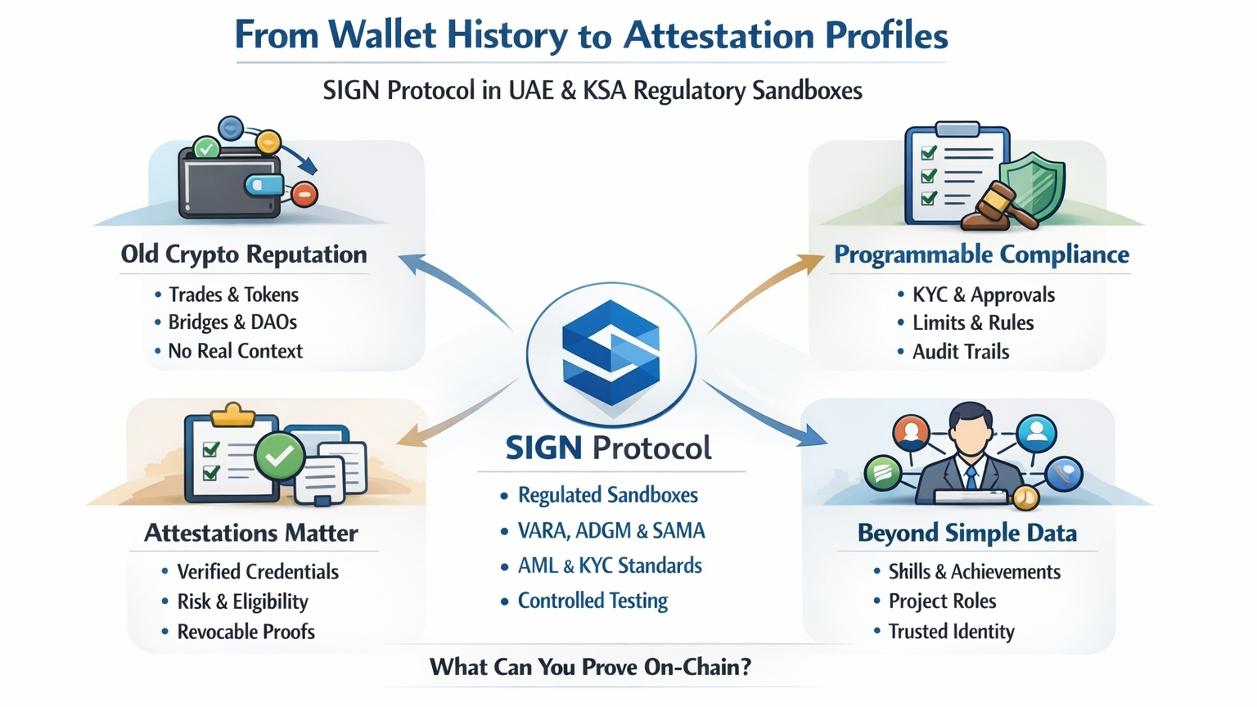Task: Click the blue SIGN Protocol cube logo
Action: (x=610, y=352)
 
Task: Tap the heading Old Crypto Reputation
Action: (x=244, y=254)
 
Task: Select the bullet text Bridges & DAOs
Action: (x=232, y=322)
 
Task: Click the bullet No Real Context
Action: (x=235, y=351)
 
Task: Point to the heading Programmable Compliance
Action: (x=981, y=254)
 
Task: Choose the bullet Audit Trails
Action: (x=961, y=352)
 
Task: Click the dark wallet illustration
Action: (x=230, y=183)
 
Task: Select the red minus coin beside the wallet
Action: (x=304, y=195)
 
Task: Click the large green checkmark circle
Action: (x=279, y=456)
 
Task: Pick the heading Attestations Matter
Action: (x=251, y=533)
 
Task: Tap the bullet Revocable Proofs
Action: (x=246, y=632)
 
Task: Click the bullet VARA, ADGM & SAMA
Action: (x=611, y=531)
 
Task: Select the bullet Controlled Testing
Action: (x=592, y=601)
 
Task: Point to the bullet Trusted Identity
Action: (x=951, y=632)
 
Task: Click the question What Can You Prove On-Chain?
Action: (x=590, y=667)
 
